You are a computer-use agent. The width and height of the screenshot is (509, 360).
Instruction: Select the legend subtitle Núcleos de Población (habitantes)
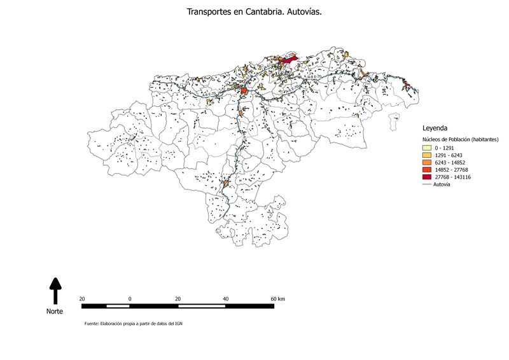(x=461, y=139)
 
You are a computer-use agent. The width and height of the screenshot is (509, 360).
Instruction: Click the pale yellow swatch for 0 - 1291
(x=426, y=148)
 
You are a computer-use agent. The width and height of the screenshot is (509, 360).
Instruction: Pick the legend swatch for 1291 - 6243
(x=426, y=155)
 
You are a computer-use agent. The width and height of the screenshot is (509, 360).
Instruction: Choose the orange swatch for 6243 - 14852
(x=426, y=162)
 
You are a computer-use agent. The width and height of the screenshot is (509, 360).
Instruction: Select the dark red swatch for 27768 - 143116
(x=426, y=177)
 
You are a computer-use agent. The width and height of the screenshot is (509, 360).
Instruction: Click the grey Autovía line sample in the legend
(x=426, y=184)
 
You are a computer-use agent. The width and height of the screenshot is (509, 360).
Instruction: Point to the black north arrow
(x=55, y=290)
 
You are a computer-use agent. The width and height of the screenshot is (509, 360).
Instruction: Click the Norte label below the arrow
(x=55, y=312)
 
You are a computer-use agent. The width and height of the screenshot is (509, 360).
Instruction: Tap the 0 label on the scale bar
(x=130, y=298)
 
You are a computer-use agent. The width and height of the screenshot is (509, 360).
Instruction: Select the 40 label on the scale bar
(x=226, y=298)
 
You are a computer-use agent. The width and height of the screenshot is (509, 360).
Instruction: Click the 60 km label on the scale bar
(x=277, y=298)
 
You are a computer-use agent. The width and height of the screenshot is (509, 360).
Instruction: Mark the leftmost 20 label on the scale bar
(x=82, y=298)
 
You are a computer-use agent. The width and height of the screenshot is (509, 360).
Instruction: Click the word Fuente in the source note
(x=92, y=324)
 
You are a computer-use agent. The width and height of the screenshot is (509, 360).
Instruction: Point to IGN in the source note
(x=179, y=324)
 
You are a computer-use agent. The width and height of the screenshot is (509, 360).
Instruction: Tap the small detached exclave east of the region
(x=396, y=117)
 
